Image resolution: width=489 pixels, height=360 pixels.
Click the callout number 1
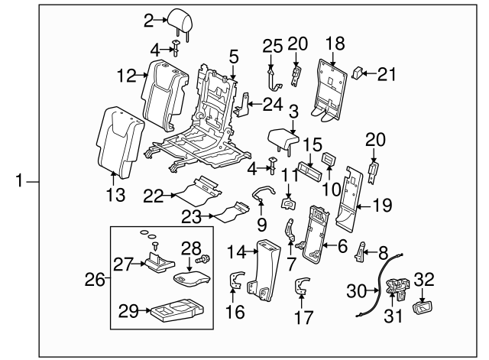pyautogui.click(x=20, y=181)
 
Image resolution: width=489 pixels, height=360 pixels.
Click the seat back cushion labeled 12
pyautogui.click(x=164, y=88)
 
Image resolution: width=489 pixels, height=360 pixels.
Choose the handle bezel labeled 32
pyautogui.click(x=423, y=308)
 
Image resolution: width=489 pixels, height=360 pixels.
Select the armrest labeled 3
pyautogui.click(x=288, y=139)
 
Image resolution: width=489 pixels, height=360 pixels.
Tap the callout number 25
pyautogui.click(x=267, y=46)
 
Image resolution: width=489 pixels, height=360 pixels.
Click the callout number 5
pyautogui.click(x=233, y=55)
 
